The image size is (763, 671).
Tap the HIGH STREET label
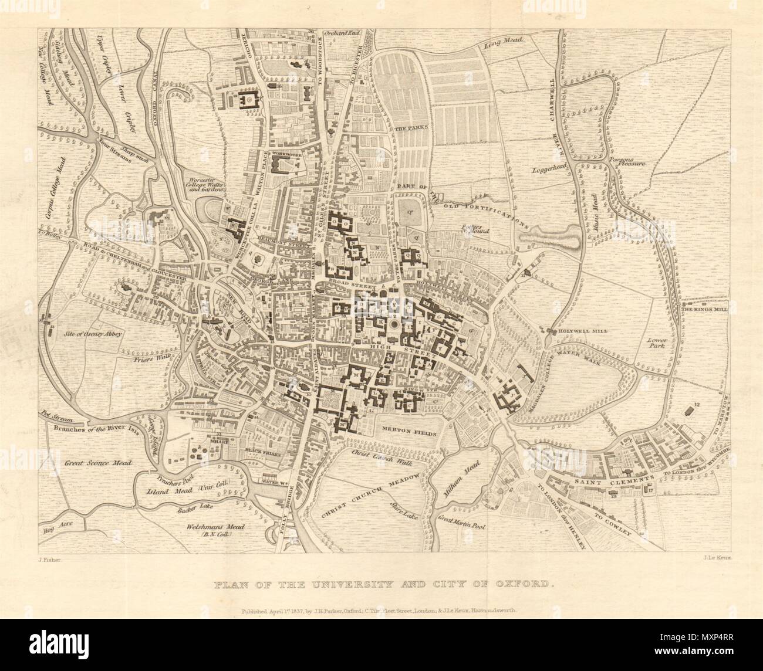pyautogui.click(x=410, y=350)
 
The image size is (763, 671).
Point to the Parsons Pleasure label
pyautogui.click(x=626, y=164)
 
